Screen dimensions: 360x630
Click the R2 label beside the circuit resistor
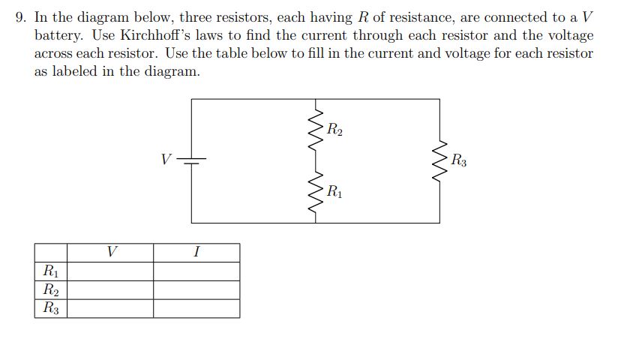point(334,130)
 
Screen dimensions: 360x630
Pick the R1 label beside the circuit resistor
point(334,191)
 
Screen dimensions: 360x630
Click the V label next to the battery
point(166,159)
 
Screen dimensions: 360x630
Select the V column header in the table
point(111,252)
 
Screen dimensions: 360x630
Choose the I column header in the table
point(196,252)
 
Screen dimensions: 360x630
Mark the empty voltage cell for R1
point(111,271)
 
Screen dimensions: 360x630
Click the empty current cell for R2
point(196,289)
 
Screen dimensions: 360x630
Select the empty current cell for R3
point(196,308)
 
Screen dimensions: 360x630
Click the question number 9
point(20,16)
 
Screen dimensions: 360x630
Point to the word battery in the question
point(58,35)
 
